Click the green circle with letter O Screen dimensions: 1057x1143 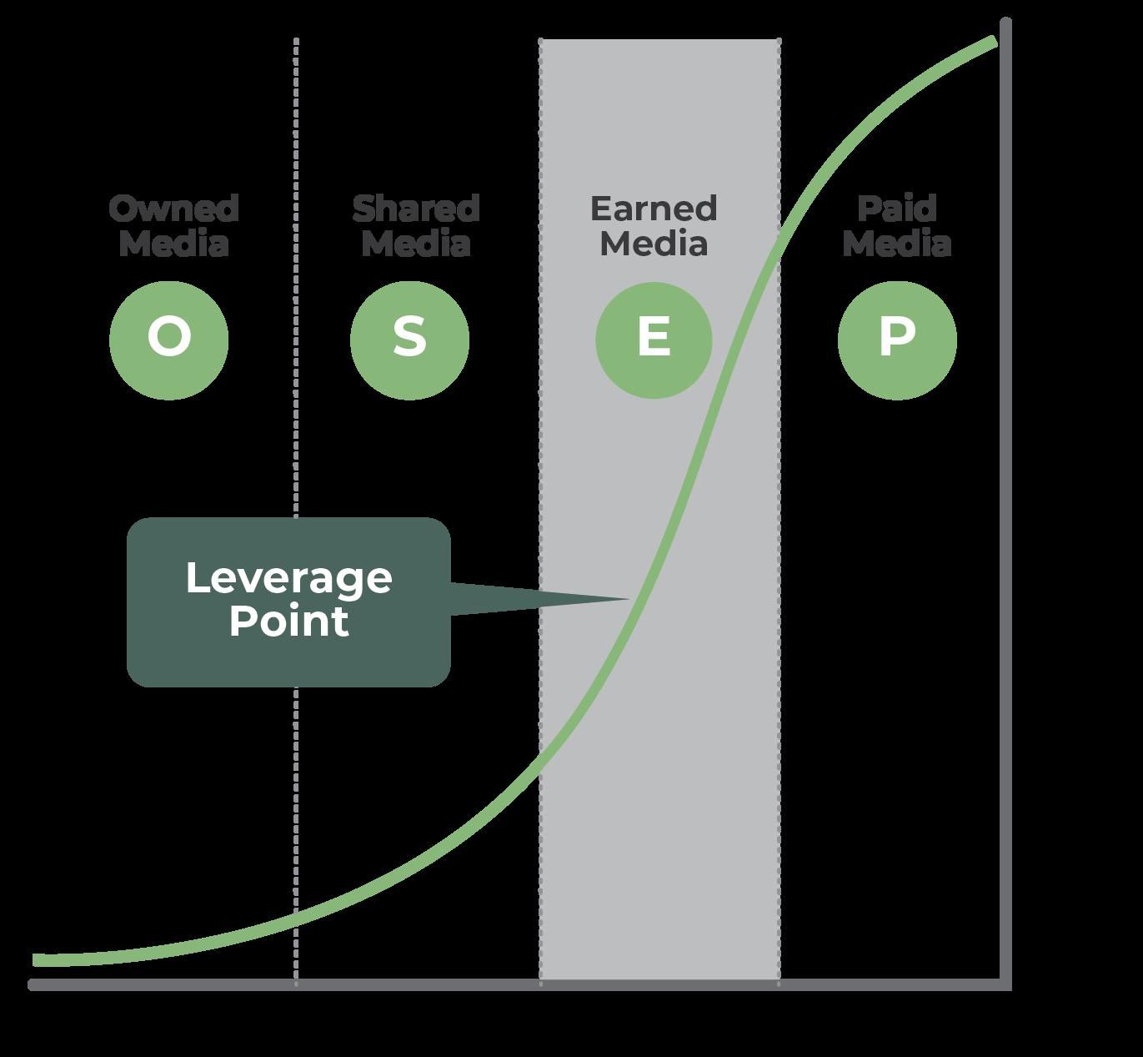coord(169,340)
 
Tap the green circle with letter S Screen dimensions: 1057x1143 coord(409,340)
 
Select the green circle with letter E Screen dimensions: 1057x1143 coord(654,340)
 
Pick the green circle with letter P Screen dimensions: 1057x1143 coord(897,340)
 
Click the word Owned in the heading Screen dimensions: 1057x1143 coord(173,209)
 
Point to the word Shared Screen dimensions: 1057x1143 coord(416,209)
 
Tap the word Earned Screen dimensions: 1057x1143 coord(654,209)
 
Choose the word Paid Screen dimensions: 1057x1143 coord(897,209)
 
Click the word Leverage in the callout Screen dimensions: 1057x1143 coord(288,578)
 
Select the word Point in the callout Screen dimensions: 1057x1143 coord(288,622)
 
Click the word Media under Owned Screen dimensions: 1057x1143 coord(173,244)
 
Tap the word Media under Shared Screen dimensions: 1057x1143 coord(416,244)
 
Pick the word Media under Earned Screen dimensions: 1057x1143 coord(654,244)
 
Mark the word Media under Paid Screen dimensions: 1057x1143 coord(897,244)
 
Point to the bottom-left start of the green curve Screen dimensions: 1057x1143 coord(36,960)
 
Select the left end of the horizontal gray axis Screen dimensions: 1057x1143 coord(33,985)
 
